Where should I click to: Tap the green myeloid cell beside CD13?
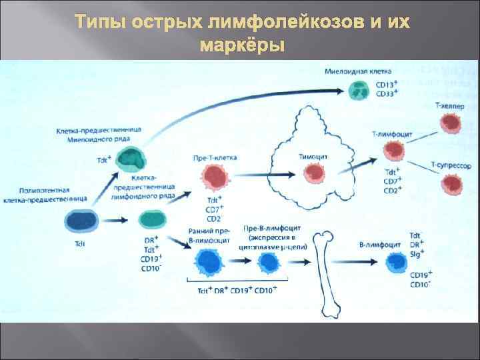(361, 90)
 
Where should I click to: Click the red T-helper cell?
(448, 123)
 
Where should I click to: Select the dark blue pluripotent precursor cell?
(81, 221)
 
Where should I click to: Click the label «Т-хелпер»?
(450, 106)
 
